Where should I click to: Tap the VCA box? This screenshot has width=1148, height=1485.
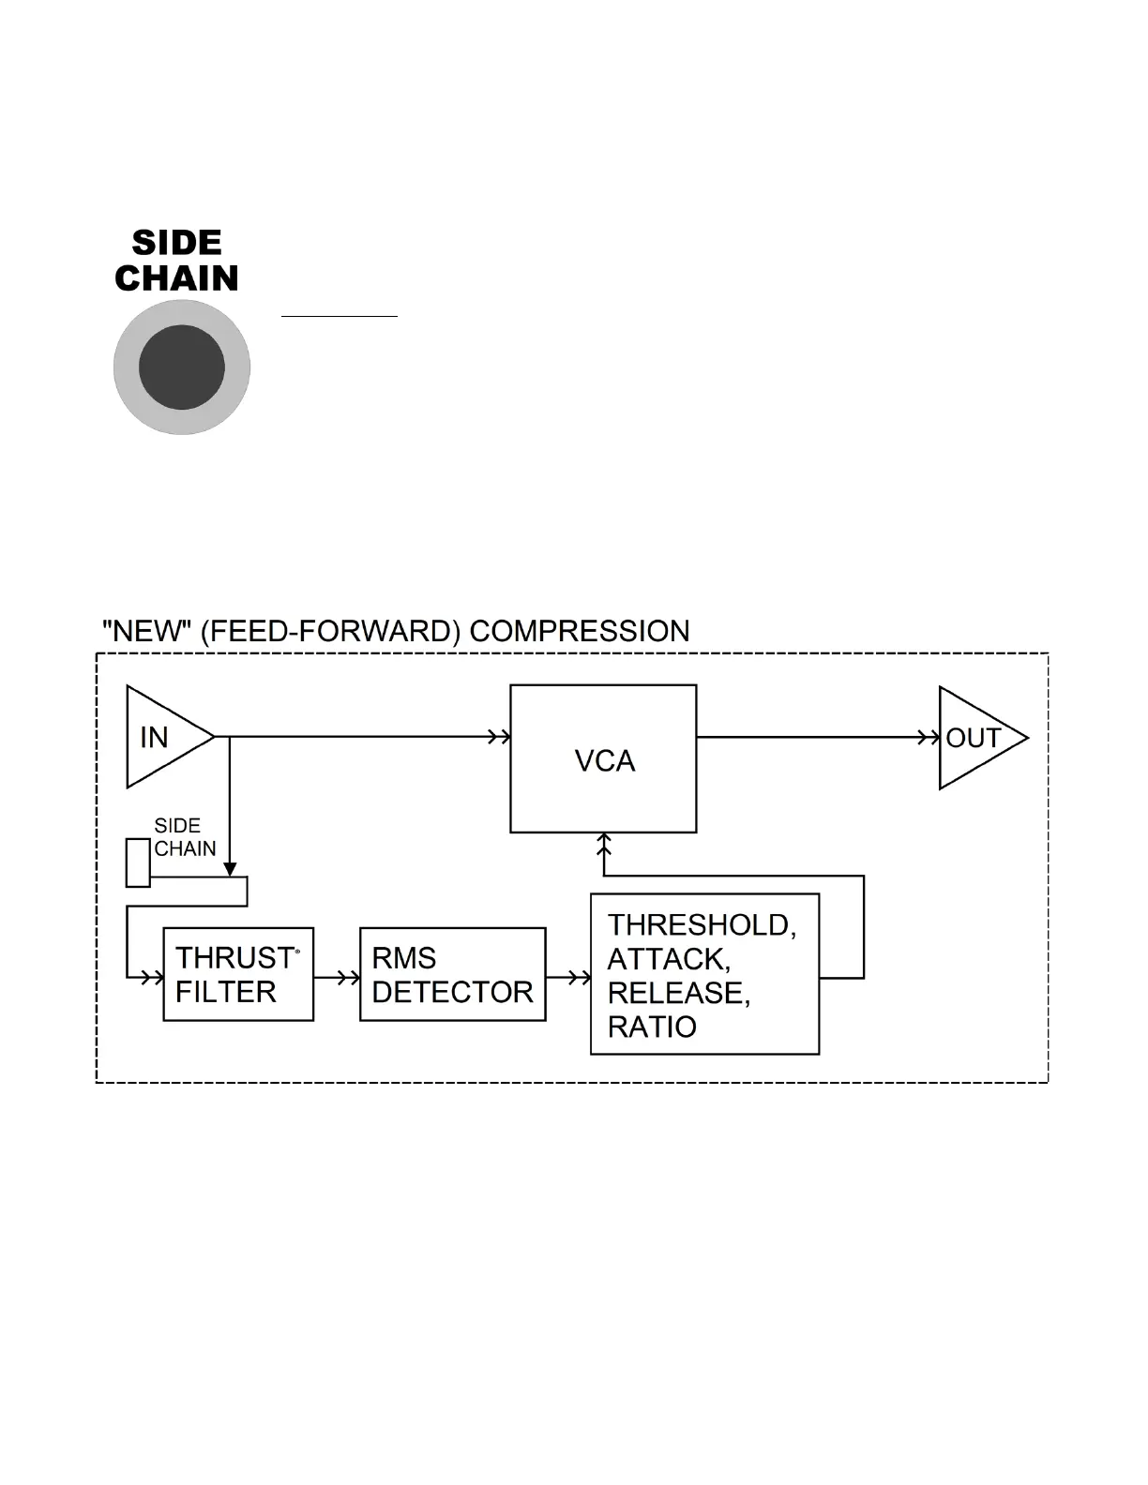603,758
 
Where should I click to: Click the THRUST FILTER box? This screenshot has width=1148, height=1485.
238,974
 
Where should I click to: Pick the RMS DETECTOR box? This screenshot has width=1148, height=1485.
453,974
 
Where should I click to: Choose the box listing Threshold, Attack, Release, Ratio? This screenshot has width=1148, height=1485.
705,974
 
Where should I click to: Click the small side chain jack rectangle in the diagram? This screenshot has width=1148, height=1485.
138,862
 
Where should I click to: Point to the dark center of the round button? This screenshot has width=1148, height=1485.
182,367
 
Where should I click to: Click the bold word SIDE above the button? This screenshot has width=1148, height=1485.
176,243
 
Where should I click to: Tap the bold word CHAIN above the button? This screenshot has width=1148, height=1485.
176,278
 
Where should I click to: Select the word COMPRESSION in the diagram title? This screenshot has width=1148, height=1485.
580,631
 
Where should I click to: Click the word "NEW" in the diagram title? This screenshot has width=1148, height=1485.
146,631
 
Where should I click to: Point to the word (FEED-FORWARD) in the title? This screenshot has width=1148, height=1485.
330,632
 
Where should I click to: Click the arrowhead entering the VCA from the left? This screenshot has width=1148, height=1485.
500,737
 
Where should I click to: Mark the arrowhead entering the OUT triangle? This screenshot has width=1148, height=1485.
929,738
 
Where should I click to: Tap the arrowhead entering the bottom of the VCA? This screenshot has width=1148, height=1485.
604,845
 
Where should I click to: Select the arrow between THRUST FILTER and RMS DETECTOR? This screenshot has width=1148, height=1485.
337,978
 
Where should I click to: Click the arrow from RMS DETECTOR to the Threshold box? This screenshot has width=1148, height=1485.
569,978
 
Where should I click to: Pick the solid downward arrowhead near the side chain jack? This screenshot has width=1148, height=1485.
230,869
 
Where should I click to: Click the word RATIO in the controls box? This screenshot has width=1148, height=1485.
652,1027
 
